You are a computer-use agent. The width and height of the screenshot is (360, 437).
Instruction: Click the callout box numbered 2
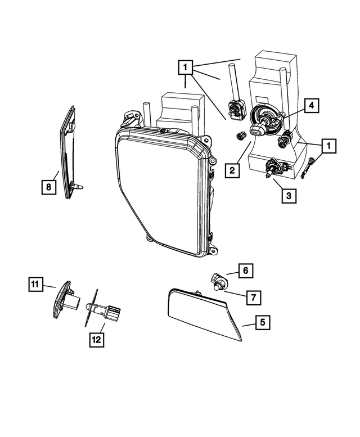pos(232,170)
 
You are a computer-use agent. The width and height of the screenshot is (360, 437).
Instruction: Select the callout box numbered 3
pos(289,195)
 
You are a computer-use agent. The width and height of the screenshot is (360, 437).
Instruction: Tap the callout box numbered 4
pos(312,105)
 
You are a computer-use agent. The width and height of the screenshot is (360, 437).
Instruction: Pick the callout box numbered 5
pos(263,322)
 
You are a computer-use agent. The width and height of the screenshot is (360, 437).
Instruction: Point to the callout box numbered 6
pos(246,271)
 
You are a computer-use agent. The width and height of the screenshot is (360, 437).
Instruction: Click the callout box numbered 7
pos(254,298)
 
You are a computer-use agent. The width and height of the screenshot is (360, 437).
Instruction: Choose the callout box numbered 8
pos(49,187)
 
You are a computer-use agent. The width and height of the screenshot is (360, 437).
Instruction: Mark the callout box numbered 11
pos(35,284)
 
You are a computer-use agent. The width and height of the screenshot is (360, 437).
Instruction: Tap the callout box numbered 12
pos(97,340)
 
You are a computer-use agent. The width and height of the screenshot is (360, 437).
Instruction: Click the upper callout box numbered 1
pos(185,67)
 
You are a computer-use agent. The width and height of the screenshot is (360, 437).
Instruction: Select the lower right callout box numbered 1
pos(329,146)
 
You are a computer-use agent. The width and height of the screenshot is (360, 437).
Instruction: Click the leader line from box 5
pos(249,324)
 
